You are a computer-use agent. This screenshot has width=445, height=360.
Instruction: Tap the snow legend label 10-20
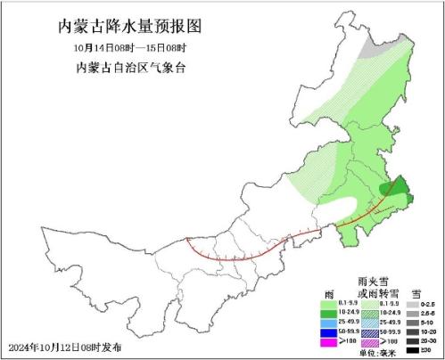point(432,331)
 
